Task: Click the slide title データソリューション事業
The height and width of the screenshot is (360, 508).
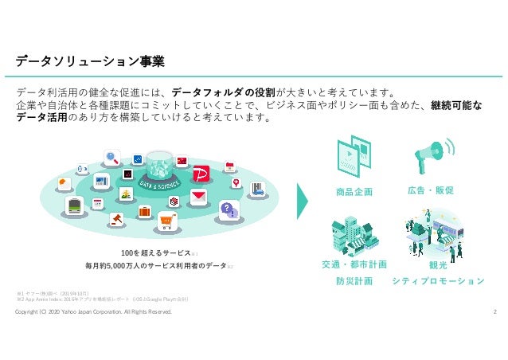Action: coord(91,61)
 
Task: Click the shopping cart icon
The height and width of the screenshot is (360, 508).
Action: coord(168,221)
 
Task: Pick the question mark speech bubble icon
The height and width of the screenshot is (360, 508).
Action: coord(229,209)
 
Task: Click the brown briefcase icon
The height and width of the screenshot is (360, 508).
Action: coord(145,212)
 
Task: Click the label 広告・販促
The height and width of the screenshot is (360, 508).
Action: coord(430,191)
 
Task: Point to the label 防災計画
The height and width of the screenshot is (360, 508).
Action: coord(354,281)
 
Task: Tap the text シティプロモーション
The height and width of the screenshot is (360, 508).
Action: coord(439,281)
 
